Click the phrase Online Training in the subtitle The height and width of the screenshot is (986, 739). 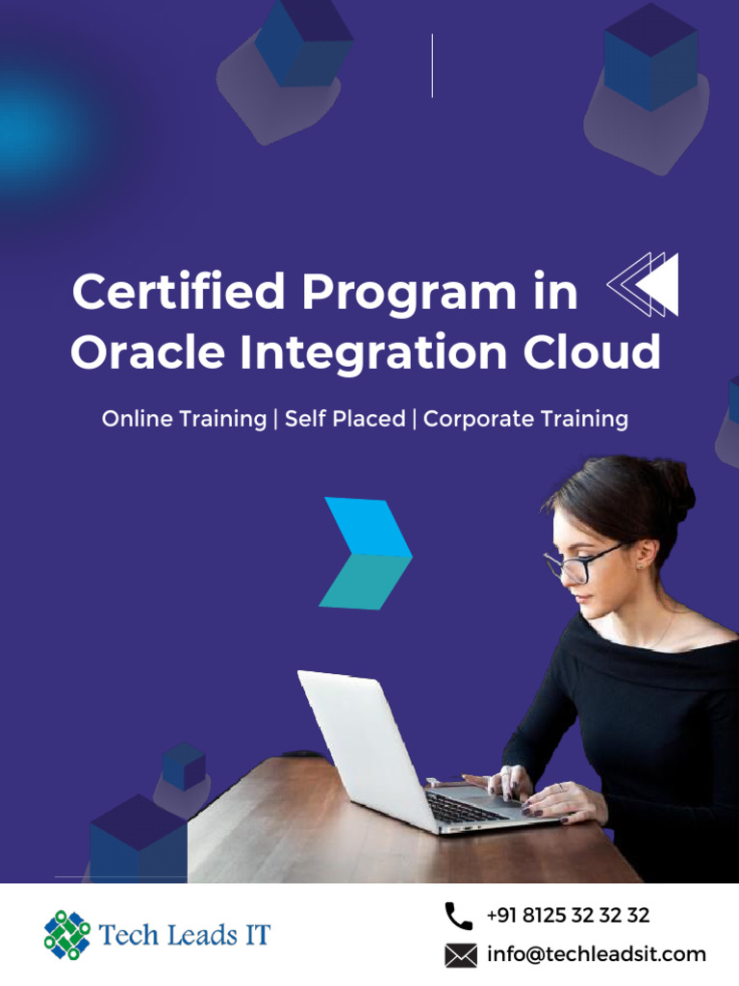coord(184,420)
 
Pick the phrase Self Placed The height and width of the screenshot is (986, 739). coord(344,420)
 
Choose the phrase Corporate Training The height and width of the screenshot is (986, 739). coord(525,420)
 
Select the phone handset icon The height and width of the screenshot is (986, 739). coord(459,916)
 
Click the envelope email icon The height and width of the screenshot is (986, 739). coord(461,955)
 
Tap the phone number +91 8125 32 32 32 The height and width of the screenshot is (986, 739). coord(568,916)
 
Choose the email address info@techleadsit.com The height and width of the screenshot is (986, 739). coord(597,955)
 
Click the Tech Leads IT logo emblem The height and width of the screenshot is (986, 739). coord(67,935)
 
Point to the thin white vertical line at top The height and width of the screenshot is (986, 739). coord(432,65)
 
